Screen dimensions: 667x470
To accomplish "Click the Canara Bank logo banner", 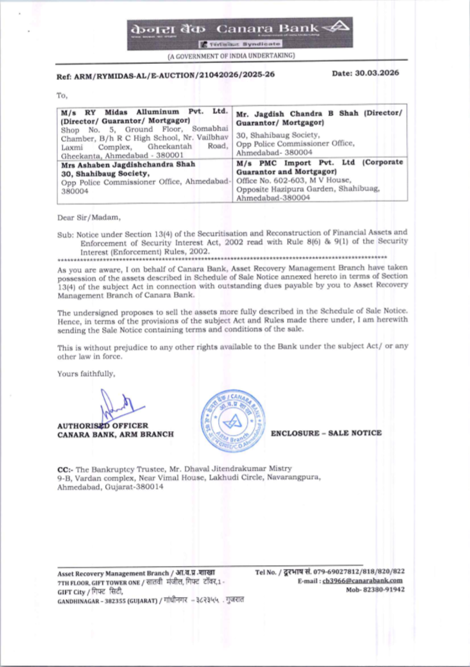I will click(240, 33).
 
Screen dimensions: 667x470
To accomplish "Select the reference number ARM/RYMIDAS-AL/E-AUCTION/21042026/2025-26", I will click(174, 75).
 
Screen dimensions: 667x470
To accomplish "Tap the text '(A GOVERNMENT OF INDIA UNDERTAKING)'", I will click(232, 55).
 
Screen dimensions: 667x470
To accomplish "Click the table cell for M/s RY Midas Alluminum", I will click(144, 133).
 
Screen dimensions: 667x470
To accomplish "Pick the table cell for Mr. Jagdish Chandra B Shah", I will click(320, 132).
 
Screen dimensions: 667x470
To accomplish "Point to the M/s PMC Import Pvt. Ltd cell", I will click(320, 180).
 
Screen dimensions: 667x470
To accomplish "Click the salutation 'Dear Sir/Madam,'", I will click(89, 218).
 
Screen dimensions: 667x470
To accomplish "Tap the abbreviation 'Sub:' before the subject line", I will click(65, 235).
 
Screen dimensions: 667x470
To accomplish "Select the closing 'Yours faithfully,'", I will click(86, 374).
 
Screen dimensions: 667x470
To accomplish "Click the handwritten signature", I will click(117, 405).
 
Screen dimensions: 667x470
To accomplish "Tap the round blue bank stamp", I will click(233, 421).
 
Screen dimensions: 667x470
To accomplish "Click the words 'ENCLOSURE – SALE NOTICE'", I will click(326, 433).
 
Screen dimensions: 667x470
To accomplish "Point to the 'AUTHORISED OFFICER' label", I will click(102, 425).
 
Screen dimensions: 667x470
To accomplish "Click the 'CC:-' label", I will click(65, 470).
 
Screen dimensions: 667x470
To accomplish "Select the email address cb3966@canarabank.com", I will click(362, 581).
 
